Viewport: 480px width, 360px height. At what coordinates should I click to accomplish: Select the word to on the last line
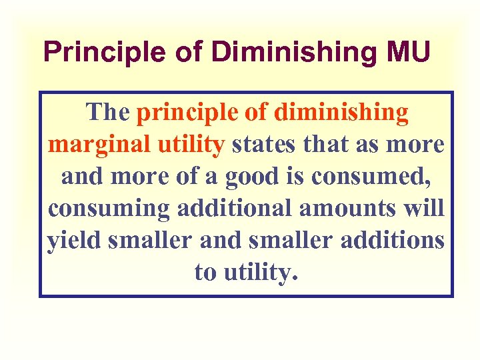pyautogui.click(x=205, y=272)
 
